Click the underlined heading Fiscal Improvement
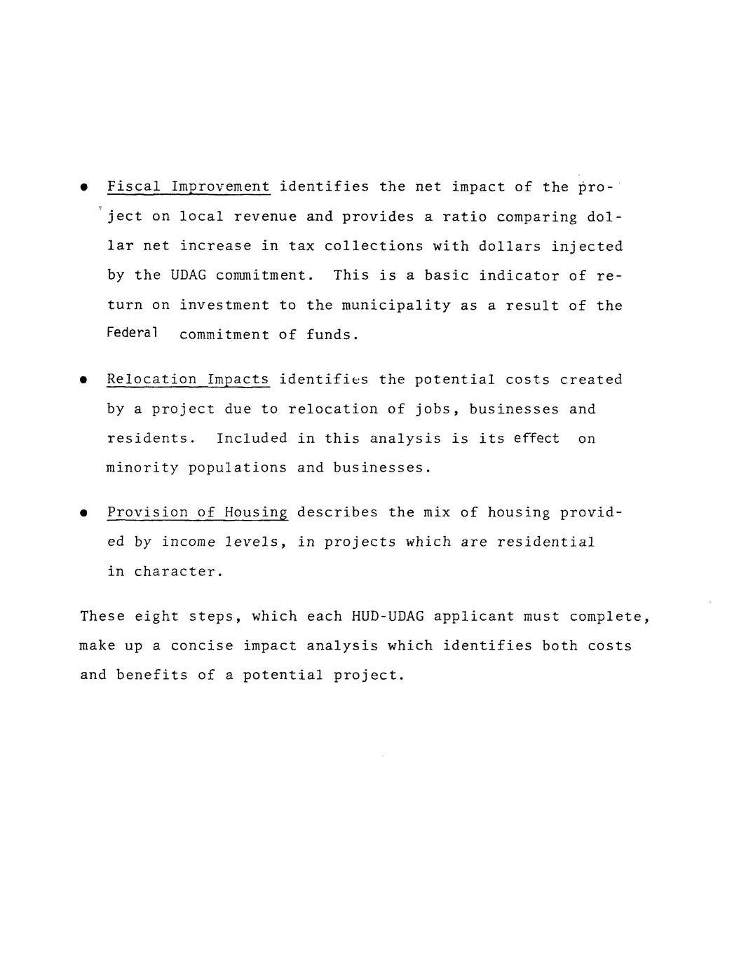pyautogui.click(x=188, y=187)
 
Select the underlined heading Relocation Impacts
pyautogui.click(x=188, y=380)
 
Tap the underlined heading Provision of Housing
pyautogui.click(x=197, y=513)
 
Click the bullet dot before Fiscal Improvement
pyautogui.click(x=83, y=188)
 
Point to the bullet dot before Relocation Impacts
pyautogui.click(x=83, y=380)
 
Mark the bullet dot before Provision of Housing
pyautogui.click(x=83, y=514)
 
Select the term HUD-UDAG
pyautogui.click(x=387, y=617)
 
